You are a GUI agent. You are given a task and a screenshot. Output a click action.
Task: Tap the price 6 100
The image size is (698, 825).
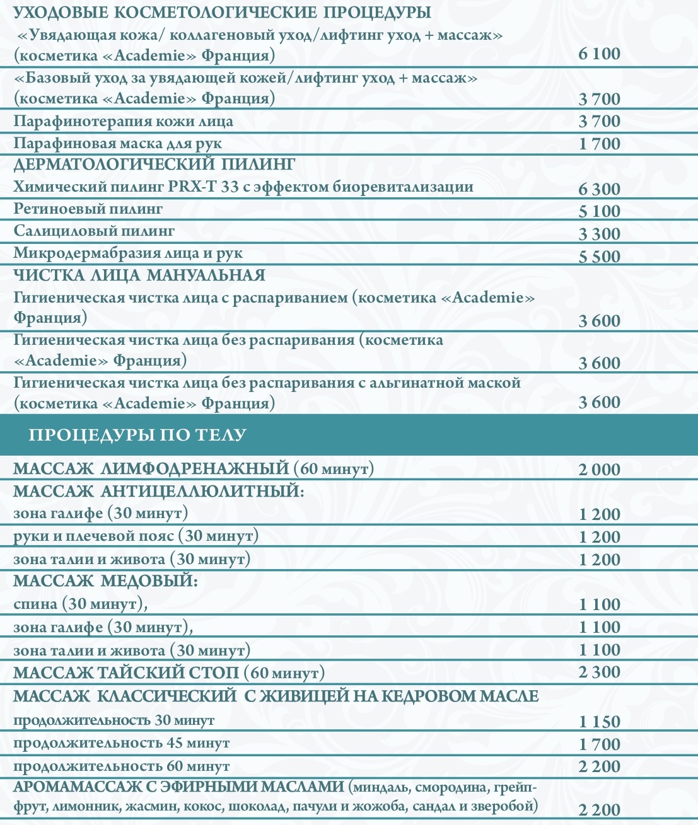[599, 54]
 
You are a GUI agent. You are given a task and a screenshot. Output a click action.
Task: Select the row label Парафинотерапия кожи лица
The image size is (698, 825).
[124, 121]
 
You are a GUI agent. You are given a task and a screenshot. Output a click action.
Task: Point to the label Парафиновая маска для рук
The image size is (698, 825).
[118, 144]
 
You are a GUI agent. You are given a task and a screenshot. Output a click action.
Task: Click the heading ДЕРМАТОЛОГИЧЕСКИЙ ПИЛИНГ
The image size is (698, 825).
[154, 164]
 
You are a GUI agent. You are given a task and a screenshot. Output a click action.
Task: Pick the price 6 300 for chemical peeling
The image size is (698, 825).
[599, 189]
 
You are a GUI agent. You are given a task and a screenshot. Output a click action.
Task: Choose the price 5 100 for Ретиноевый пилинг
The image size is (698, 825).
[599, 211]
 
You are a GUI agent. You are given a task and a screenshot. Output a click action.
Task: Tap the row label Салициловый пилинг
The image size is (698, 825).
[94, 231]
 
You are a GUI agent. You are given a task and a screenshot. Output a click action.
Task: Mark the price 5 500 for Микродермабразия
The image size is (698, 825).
[599, 257]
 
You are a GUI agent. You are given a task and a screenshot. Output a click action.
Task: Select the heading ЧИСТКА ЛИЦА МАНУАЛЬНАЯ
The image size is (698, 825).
[139, 275]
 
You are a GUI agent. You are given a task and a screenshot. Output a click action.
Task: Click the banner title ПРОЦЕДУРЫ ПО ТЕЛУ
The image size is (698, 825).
[137, 435]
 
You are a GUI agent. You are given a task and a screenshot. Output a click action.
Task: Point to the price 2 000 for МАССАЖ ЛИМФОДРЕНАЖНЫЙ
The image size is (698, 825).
[599, 470]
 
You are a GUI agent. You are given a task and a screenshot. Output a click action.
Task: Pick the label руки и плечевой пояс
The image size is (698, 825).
[136, 536]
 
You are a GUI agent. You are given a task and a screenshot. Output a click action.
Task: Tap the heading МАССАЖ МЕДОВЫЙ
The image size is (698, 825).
[106, 581]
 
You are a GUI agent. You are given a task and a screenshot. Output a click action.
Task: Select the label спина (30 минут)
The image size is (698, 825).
[81, 604]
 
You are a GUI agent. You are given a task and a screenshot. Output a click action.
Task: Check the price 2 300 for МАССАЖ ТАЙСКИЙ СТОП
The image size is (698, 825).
[599, 672]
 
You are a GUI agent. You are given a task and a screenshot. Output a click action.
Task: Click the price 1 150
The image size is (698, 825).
[599, 722]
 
